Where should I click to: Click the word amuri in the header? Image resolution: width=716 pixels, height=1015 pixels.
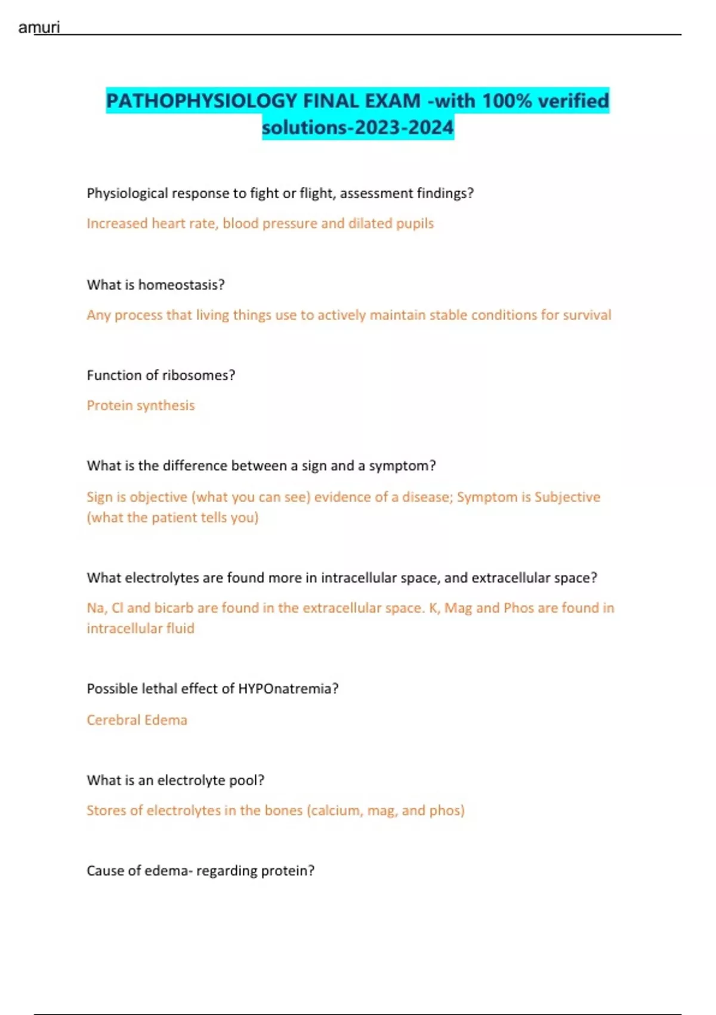[x=39, y=27]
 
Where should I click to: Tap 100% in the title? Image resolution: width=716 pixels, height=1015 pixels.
[x=507, y=100]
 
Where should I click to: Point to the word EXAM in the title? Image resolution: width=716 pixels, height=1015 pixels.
[x=393, y=100]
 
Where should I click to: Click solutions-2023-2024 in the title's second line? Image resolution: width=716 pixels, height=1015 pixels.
[x=357, y=127]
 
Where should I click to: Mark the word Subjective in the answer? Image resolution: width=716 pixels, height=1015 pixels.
[x=567, y=497]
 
